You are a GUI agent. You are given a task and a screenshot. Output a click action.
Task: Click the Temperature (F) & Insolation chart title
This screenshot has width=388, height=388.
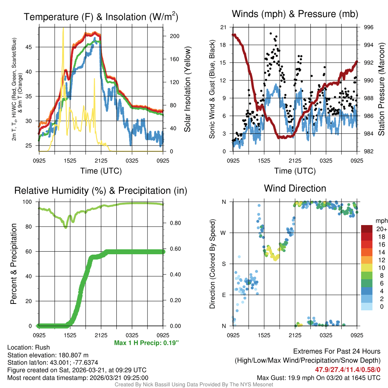click(101, 17)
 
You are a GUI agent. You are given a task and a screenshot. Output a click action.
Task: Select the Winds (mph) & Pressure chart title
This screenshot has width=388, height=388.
click(295, 14)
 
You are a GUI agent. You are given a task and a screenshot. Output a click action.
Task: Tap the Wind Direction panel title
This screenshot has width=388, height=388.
click(295, 188)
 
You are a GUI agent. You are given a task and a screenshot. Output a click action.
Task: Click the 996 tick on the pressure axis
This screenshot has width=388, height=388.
click(369, 27)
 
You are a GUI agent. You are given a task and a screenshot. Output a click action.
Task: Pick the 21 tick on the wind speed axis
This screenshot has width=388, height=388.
click(223, 27)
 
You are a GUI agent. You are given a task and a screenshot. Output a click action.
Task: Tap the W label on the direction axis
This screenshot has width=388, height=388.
click(224, 233)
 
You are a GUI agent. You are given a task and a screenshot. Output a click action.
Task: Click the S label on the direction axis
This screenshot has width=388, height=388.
click(224, 264)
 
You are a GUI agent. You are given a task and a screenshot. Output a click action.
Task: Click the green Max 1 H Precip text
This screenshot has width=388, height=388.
click(146, 343)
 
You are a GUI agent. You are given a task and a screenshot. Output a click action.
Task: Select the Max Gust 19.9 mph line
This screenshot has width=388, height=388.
click(318, 377)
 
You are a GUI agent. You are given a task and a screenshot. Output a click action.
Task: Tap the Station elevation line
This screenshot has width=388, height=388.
click(48, 355)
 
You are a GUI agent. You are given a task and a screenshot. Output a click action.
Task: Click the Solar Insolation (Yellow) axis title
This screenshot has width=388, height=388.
click(187, 89)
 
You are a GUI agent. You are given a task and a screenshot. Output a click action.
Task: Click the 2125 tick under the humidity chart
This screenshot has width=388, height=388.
click(101, 335)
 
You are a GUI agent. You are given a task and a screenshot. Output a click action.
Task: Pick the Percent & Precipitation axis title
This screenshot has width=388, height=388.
click(14, 264)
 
